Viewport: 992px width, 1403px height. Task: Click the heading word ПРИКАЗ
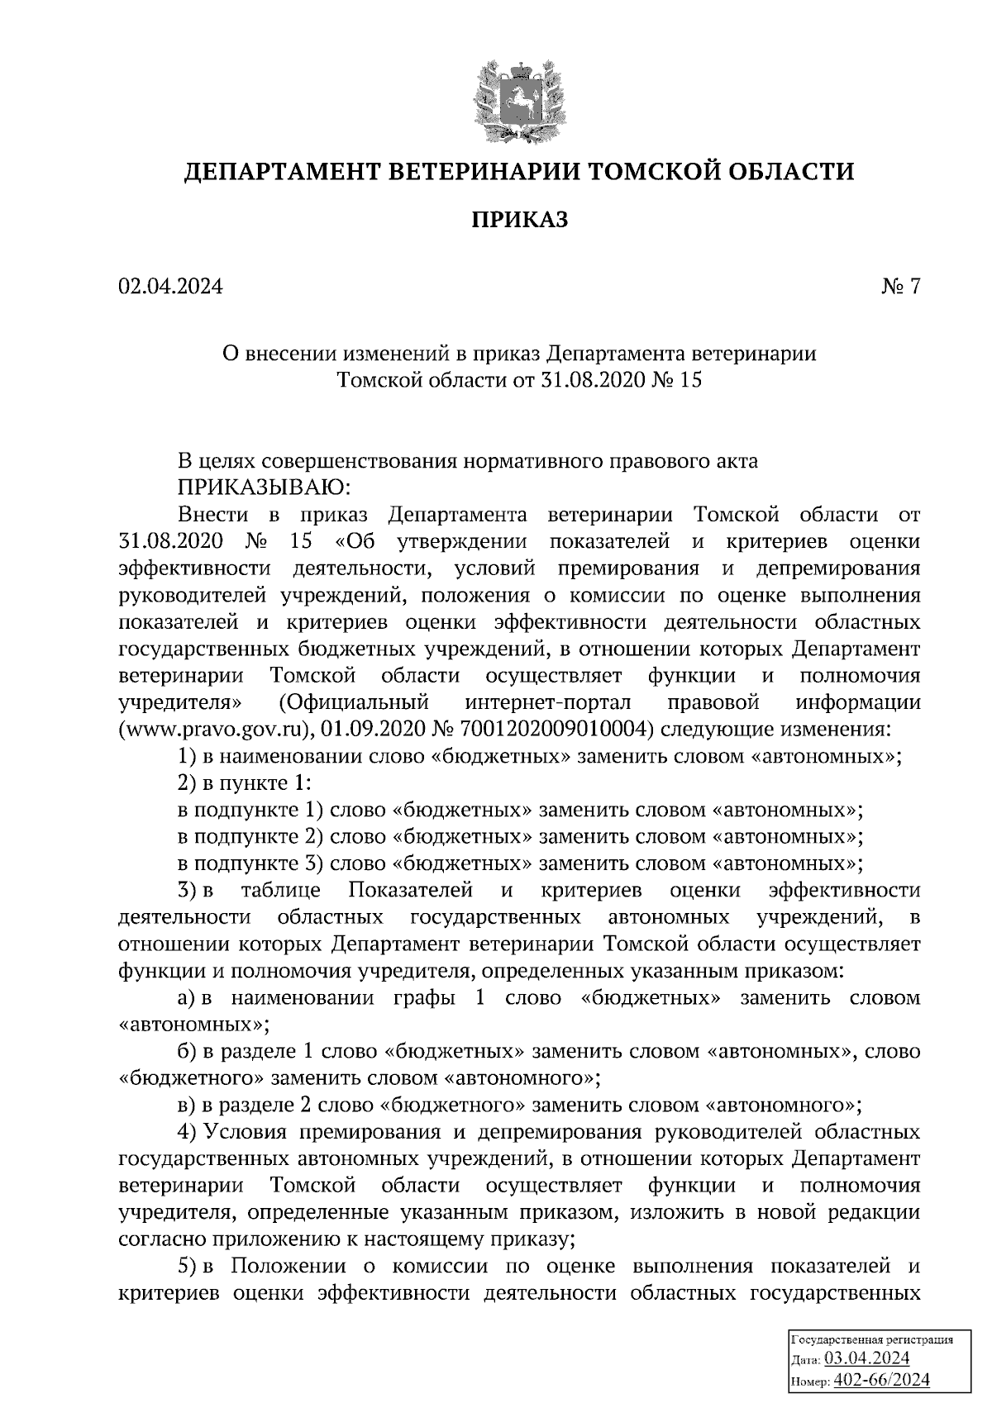click(x=520, y=220)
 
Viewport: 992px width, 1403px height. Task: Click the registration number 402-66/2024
click(x=882, y=1380)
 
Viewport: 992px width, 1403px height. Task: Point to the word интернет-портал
click(x=548, y=702)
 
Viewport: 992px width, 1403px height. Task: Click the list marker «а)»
click(x=188, y=997)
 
